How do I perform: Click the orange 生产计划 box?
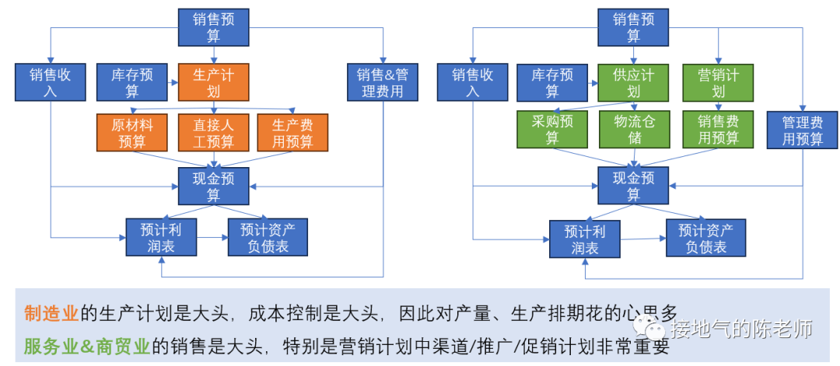[x=214, y=82]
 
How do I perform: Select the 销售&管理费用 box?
[x=382, y=82]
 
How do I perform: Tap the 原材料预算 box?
[x=132, y=133]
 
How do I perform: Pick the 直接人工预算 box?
[x=214, y=133]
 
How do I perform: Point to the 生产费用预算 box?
[x=293, y=133]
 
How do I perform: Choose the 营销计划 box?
[x=718, y=82]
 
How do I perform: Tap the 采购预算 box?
[x=552, y=129]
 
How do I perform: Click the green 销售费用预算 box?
[x=718, y=129]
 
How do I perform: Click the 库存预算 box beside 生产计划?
[x=132, y=82]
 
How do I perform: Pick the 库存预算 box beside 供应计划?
[x=552, y=82]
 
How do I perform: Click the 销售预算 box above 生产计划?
[x=214, y=28]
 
